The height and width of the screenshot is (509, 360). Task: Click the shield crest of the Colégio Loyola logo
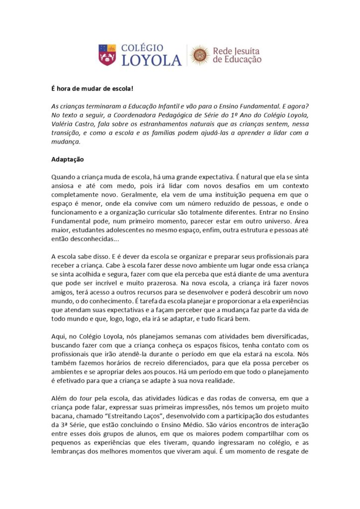[107, 55]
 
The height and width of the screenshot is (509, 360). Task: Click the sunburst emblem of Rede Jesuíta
[200, 55]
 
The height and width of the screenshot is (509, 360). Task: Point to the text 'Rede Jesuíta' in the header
[236, 51]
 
